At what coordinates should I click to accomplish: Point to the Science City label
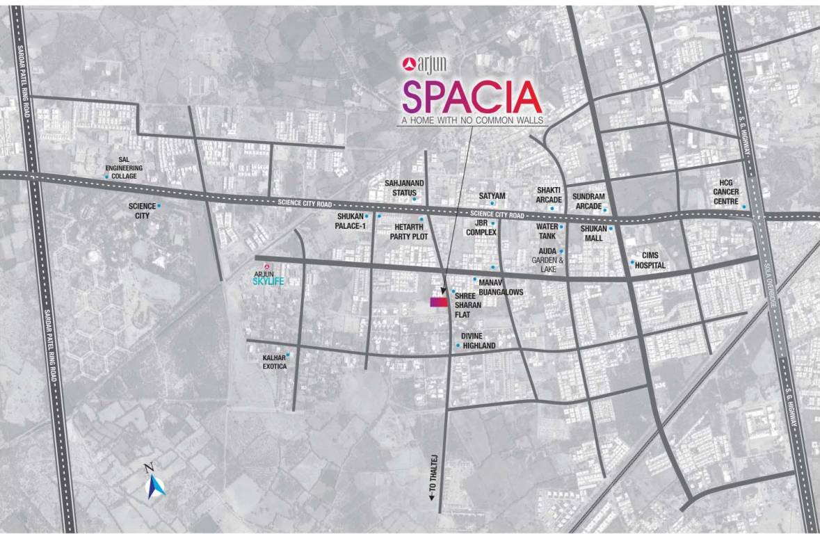(139, 211)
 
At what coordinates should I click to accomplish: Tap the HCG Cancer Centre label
(725, 192)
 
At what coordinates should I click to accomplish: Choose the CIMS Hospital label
(653, 261)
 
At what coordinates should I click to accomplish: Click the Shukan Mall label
(593, 233)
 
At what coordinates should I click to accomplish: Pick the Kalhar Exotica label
(275, 362)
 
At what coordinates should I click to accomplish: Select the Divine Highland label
(479, 341)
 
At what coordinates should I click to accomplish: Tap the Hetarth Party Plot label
(408, 232)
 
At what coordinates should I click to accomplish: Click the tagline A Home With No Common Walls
(471, 120)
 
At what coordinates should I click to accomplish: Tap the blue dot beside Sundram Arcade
(605, 210)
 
